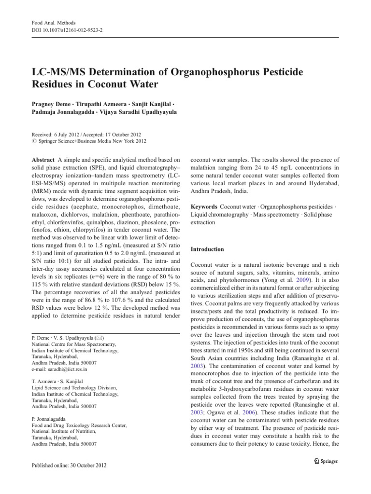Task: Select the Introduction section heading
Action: click(x=207, y=249)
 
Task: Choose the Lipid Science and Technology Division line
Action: click(x=72, y=387)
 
